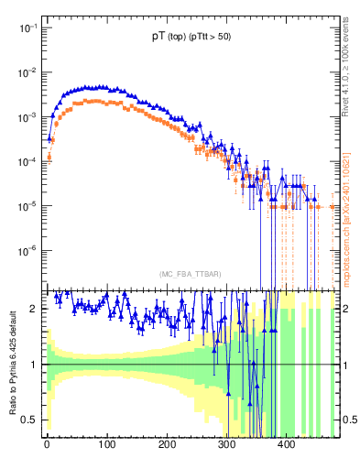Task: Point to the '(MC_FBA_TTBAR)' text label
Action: point(189,274)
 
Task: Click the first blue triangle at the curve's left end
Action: point(50,138)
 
